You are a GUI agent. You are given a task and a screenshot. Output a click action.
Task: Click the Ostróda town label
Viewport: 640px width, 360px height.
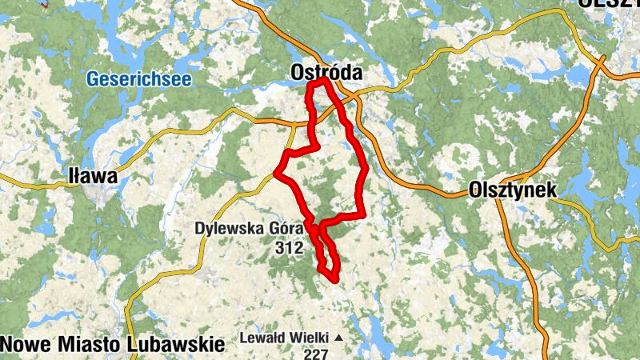click(326, 73)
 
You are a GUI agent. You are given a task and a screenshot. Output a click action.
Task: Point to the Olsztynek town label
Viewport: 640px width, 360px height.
click(512, 190)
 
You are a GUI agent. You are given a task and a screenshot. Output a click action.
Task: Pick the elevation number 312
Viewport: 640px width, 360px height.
click(287, 248)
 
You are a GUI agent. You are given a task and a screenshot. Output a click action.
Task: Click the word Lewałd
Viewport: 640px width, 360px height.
click(264, 338)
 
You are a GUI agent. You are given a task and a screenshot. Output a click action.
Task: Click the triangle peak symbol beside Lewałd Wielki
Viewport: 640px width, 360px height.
click(338, 338)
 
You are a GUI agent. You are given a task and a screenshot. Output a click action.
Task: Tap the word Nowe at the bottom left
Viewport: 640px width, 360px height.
click(23, 344)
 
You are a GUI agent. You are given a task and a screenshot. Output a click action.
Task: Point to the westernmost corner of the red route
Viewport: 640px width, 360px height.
click(276, 171)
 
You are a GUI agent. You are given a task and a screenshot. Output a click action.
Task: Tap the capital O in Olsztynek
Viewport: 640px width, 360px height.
click(475, 190)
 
